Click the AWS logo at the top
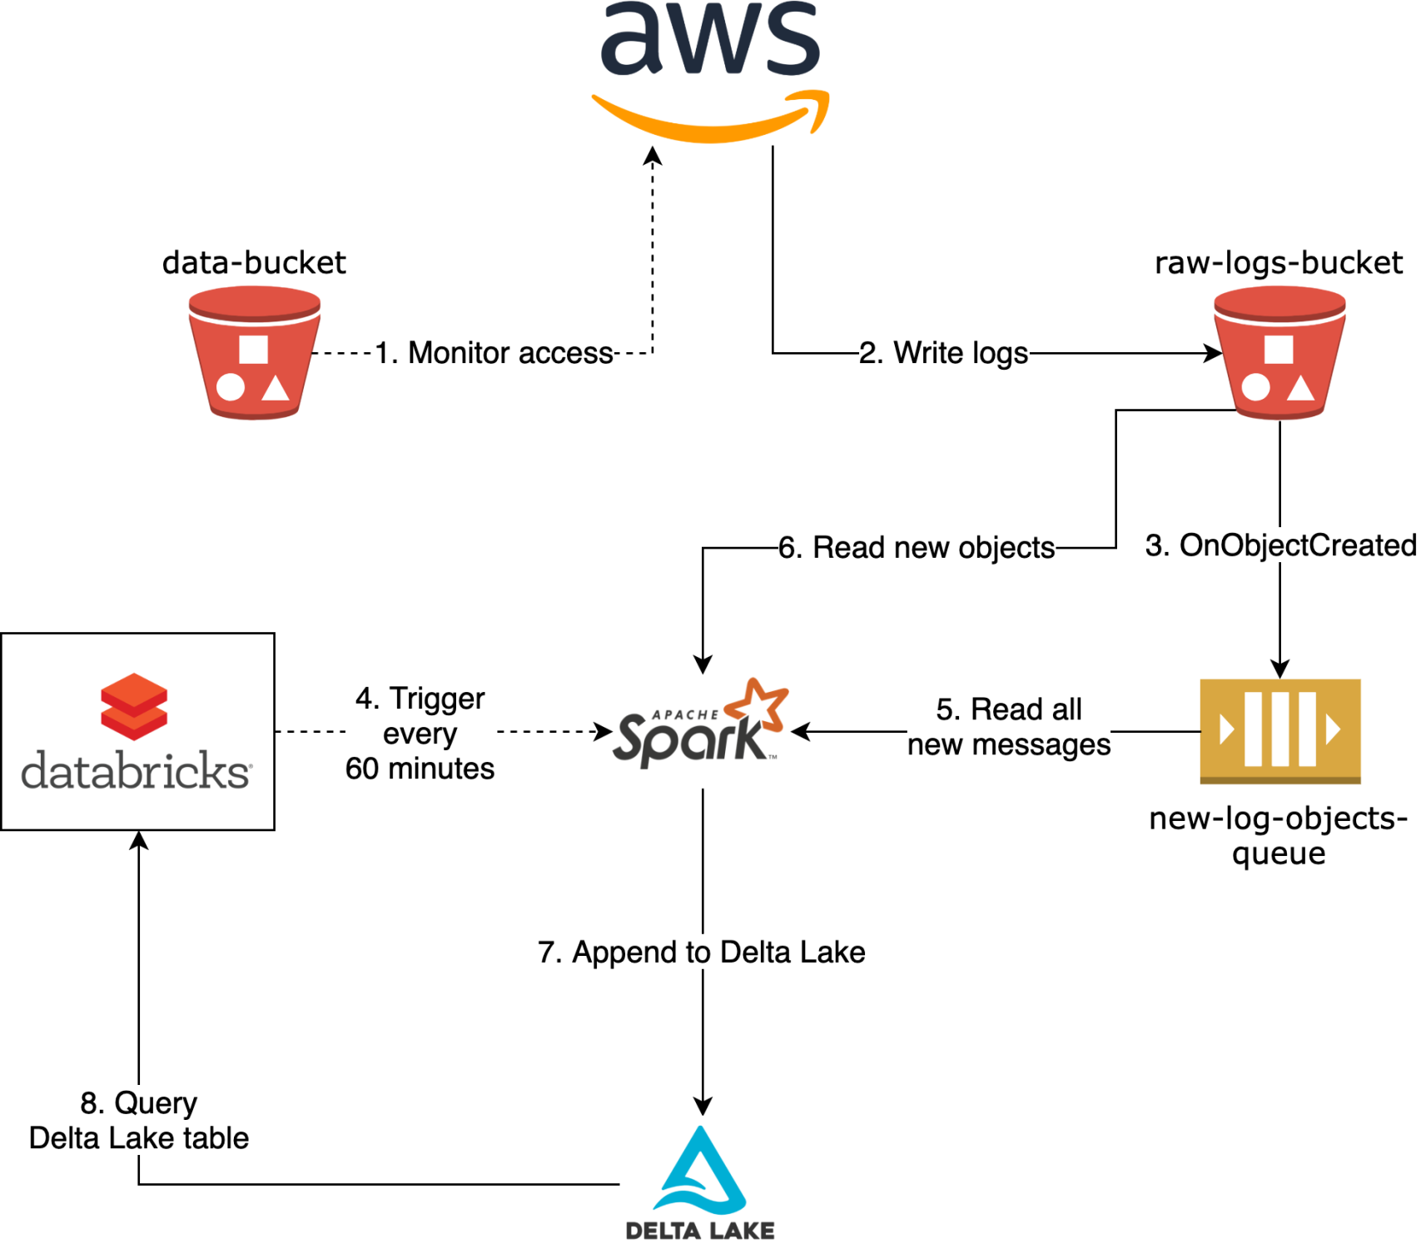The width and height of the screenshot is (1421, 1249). [710, 71]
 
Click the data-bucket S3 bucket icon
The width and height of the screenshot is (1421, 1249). [254, 352]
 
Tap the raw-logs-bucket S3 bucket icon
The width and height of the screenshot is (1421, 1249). [1279, 352]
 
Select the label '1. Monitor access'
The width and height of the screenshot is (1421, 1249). [494, 353]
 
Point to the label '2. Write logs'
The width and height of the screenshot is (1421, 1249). [943, 353]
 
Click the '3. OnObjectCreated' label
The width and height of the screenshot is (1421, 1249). [1280, 545]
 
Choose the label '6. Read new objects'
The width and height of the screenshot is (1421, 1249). [917, 548]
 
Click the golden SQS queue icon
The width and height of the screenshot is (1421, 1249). [1279, 731]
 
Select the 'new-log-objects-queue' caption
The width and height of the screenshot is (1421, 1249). [1279, 835]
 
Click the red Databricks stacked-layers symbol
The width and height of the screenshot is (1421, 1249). [134, 706]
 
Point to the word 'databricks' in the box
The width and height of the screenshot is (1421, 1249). [136, 771]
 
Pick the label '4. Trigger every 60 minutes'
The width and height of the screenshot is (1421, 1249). [420, 734]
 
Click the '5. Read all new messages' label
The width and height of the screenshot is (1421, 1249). [1009, 727]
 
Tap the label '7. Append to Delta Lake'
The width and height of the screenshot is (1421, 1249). [702, 952]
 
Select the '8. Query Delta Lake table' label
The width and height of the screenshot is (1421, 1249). [139, 1120]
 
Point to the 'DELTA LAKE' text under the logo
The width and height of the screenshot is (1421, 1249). [700, 1231]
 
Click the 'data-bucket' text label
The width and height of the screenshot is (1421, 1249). [254, 263]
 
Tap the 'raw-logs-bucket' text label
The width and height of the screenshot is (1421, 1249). [1278, 263]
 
